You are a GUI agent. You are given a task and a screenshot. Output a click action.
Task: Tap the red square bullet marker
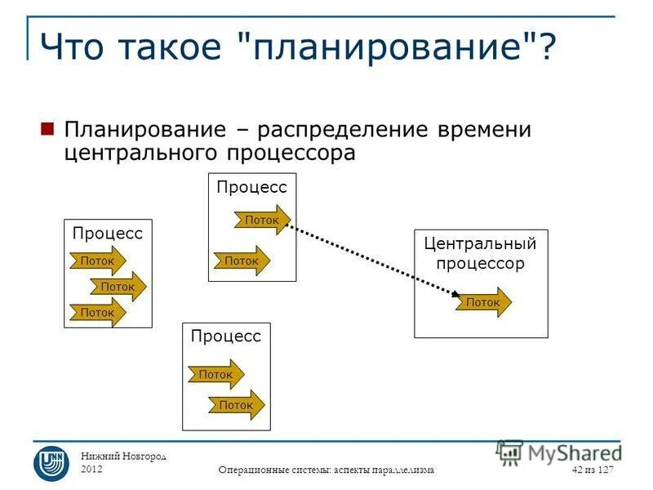[47, 129]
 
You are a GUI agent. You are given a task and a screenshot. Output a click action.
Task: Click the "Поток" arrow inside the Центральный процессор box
[484, 302]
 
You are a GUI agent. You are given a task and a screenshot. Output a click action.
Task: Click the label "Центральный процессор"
[480, 253]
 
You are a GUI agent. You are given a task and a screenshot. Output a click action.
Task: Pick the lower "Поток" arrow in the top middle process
[242, 261]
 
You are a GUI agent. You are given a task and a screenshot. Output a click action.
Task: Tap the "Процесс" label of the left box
[107, 234]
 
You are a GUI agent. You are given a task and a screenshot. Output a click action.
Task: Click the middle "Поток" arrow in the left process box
[118, 287]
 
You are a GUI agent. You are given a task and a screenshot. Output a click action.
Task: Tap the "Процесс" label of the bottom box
[225, 336]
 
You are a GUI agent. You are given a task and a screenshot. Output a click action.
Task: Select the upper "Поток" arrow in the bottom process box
[216, 374]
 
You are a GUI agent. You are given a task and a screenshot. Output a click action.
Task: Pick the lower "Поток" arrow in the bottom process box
[237, 404]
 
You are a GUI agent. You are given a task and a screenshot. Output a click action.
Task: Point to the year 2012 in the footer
[92, 470]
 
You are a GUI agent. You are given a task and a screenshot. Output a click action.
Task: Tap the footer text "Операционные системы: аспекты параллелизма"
[326, 470]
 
